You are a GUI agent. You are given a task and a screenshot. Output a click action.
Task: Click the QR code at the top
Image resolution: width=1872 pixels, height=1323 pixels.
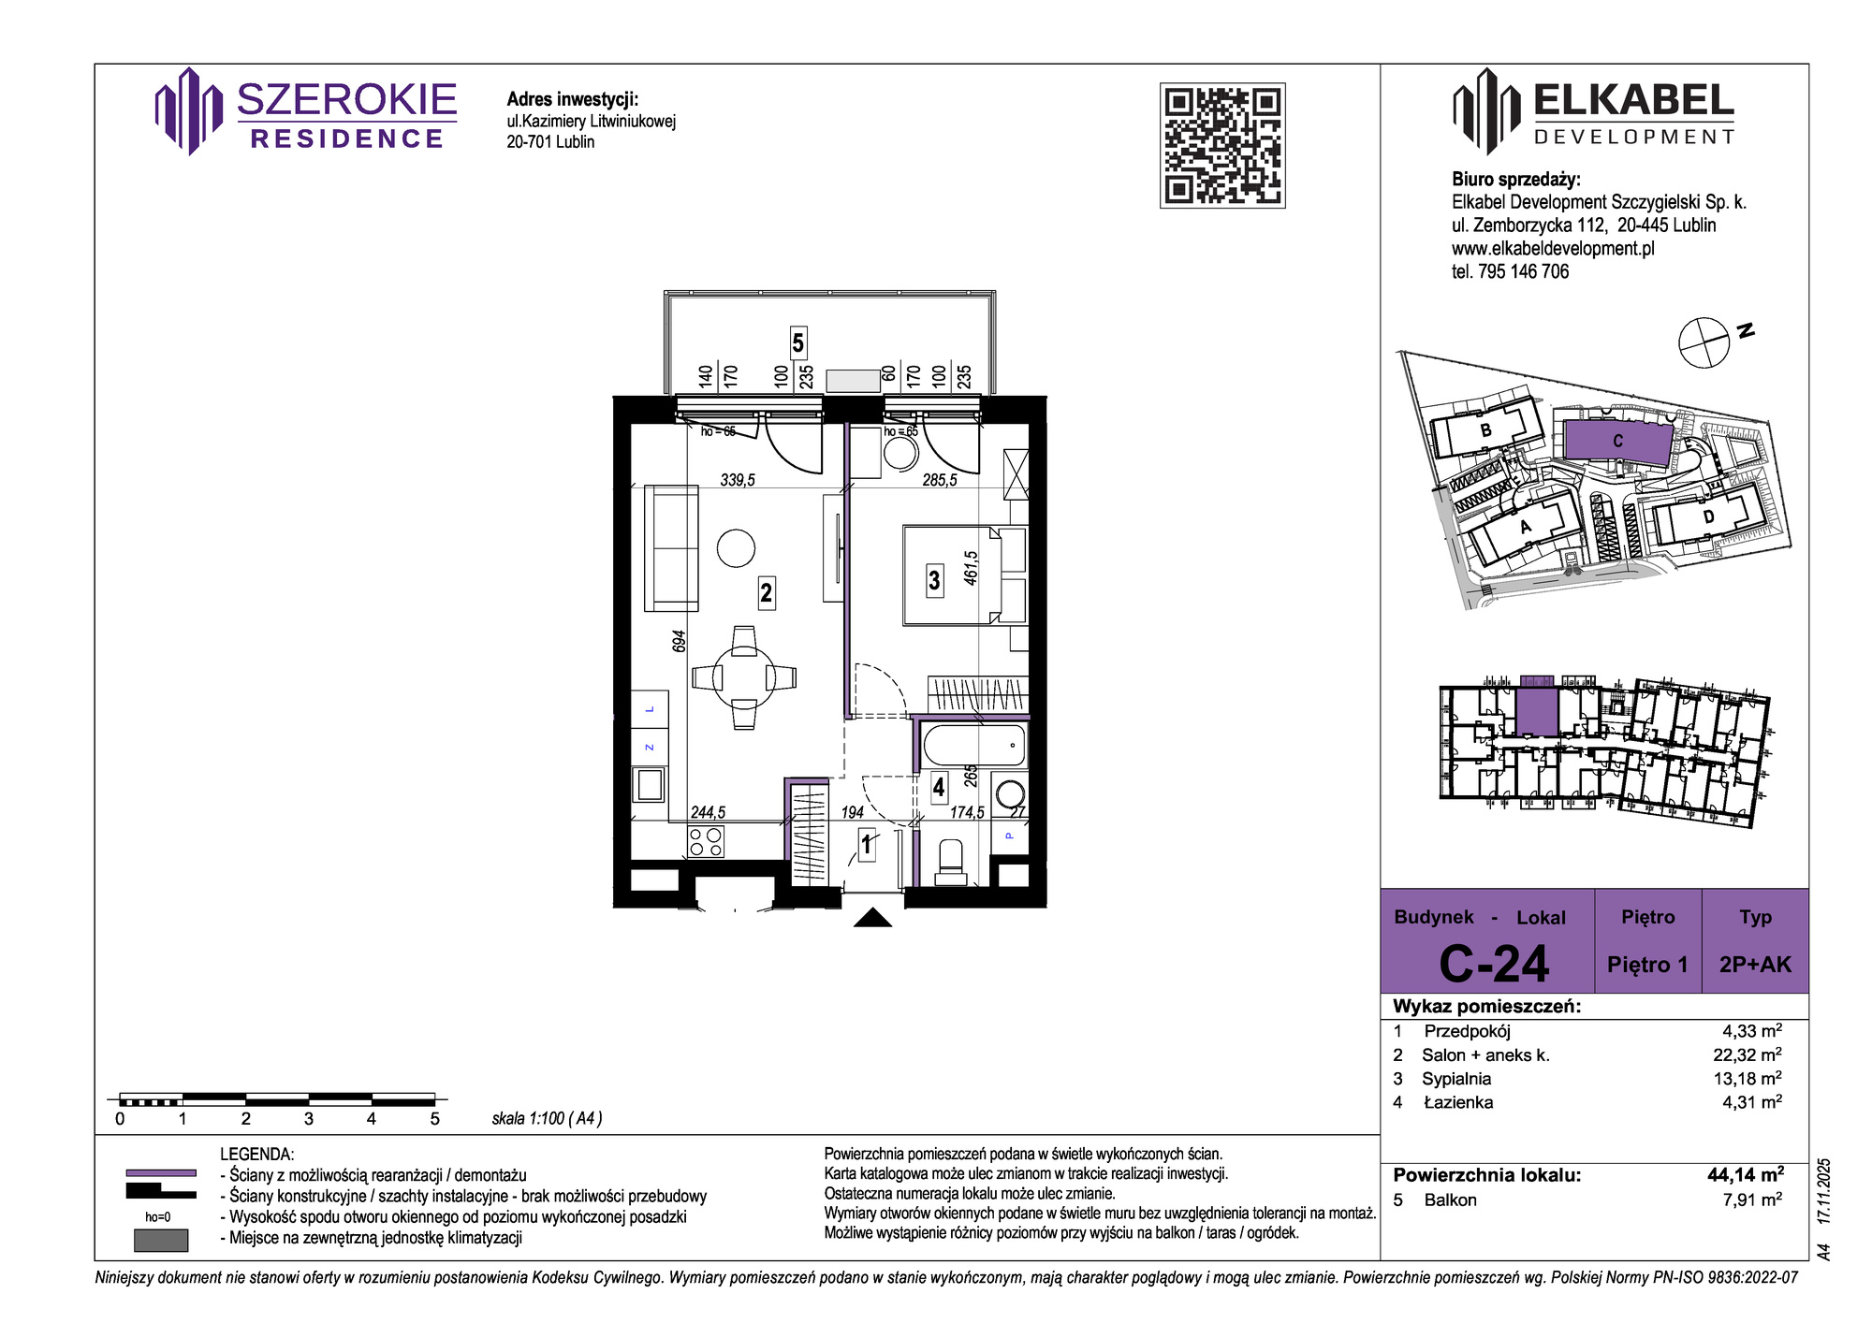pyautogui.click(x=1222, y=145)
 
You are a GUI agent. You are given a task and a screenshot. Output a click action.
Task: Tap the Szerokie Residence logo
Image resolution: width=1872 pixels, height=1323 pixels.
pyautogui.click(x=306, y=111)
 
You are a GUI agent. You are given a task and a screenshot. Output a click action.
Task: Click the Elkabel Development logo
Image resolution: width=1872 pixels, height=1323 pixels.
pyautogui.click(x=1594, y=111)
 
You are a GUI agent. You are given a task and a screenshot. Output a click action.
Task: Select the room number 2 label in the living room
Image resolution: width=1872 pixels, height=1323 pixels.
pyautogui.click(x=767, y=592)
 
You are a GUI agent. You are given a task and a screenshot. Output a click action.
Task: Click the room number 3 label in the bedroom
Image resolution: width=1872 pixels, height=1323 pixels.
pyautogui.click(x=934, y=580)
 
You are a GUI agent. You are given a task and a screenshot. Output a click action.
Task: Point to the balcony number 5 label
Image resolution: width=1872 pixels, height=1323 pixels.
pyautogui.click(x=797, y=342)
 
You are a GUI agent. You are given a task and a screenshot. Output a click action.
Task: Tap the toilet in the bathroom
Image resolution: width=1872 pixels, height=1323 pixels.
pyautogui.click(x=951, y=862)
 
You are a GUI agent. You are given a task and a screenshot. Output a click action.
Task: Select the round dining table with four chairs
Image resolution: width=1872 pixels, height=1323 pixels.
pyautogui.click(x=744, y=677)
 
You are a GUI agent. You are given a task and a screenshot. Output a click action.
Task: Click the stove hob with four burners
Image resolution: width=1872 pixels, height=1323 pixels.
pyautogui.click(x=706, y=842)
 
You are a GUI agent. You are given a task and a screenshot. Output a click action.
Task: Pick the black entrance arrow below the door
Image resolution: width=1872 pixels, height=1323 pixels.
pyautogui.click(x=873, y=917)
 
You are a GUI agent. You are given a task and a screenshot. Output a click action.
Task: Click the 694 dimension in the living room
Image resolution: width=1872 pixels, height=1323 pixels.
pyautogui.click(x=680, y=641)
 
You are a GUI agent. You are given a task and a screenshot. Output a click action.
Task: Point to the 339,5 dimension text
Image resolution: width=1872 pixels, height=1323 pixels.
pyautogui.click(x=738, y=480)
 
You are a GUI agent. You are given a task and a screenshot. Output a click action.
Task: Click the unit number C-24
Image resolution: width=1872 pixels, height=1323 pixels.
pyautogui.click(x=1494, y=964)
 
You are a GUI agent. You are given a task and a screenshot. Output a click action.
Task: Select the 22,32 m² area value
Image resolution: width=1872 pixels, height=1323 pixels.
pyautogui.click(x=1748, y=1054)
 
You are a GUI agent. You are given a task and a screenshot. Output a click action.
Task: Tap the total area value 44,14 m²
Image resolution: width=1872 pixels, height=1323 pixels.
pyautogui.click(x=1746, y=1174)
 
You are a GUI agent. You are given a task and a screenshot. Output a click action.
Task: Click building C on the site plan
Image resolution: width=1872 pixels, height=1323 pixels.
pyautogui.click(x=1618, y=441)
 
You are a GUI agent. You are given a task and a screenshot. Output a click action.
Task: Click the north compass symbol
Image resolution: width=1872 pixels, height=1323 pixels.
pyautogui.click(x=1704, y=342)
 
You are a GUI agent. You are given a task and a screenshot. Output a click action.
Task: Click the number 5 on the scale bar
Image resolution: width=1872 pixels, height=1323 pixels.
pyautogui.click(x=434, y=1118)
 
